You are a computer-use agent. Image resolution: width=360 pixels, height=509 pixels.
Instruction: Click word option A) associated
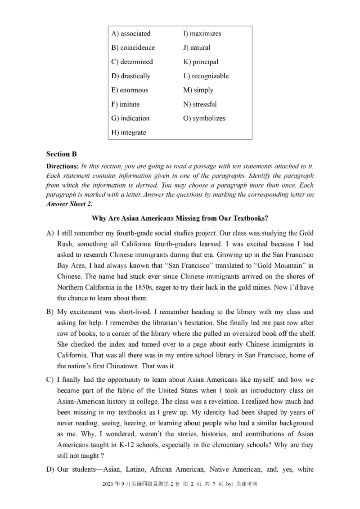point(131,34)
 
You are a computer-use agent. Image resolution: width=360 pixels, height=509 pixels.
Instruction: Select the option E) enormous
point(130,90)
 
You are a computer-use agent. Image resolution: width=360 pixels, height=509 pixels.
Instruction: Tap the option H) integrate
point(129,133)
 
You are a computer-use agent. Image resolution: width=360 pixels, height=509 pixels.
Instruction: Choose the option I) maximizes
point(202,34)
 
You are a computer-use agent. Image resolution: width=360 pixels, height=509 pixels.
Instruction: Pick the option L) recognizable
point(206,76)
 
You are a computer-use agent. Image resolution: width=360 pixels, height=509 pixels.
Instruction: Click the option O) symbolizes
point(204,119)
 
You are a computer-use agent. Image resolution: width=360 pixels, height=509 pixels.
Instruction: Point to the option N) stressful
point(200,104)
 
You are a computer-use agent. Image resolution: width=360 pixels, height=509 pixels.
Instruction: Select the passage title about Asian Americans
point(180,219)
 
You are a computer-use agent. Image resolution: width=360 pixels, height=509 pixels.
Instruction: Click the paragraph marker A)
point(50,233)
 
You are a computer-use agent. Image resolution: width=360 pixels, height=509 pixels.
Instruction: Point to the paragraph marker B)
point(50,312)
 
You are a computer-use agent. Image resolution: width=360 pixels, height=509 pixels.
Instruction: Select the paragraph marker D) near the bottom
point(50,470)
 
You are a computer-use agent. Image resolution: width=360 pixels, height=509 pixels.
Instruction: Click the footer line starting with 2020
point(180,484)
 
